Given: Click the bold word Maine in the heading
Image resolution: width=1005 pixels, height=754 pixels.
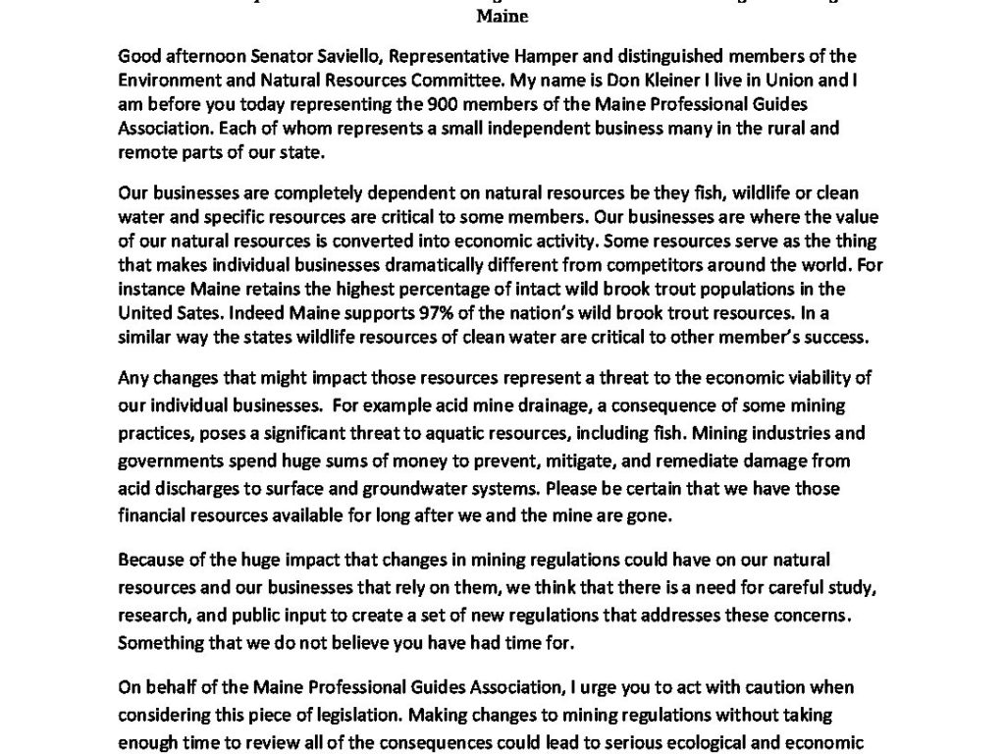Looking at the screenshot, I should [x=502, y=17].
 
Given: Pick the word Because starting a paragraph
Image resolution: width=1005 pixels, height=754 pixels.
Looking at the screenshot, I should [x=150, y=560].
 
